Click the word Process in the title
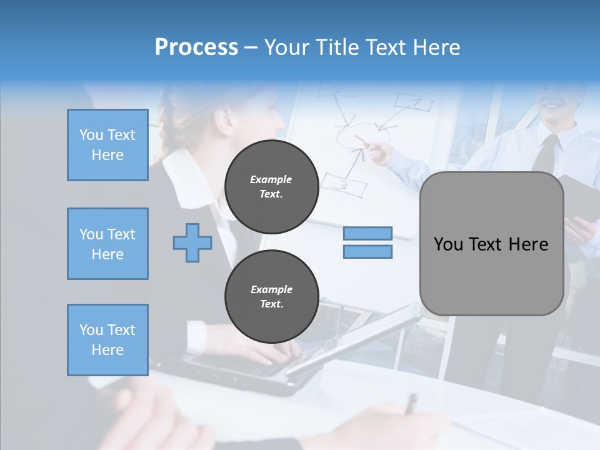(x=196, y=47)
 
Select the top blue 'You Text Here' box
(x=107, y=145)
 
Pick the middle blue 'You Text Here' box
(x=107, y=244)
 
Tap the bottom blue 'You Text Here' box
(x=107, y=340)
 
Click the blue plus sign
(x=192, y=243)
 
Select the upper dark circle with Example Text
(x=272, y=186)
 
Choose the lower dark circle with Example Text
(x=272, y=296)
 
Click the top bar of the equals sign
(x=367, y=233)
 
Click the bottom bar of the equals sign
(x=367, y=251)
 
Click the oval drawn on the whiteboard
(x=364, y=134)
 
